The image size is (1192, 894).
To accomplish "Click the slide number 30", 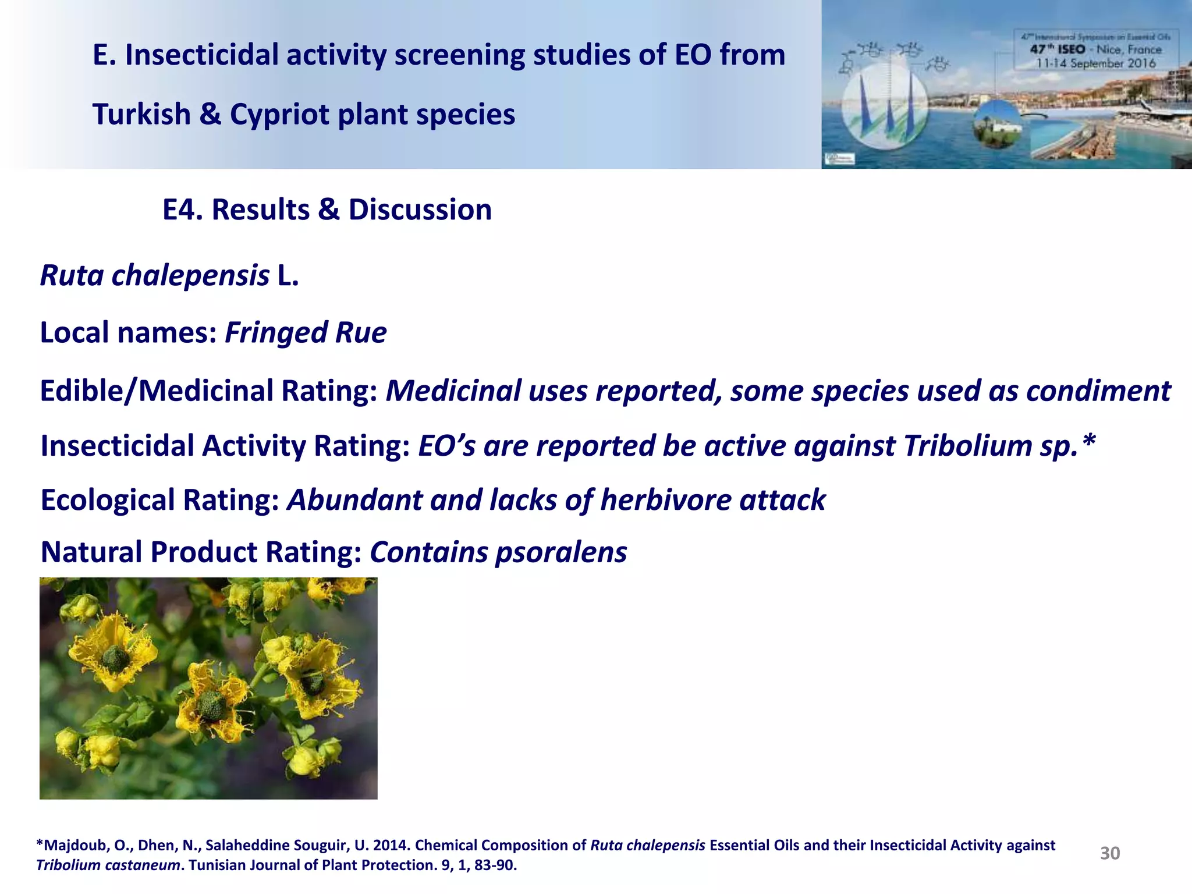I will click(x=1109, y=853).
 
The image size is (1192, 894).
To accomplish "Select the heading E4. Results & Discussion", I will click(x=327, y=210).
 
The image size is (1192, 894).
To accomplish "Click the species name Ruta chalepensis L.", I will click(x=169, y=275).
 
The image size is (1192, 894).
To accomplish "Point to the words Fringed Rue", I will click(x=306, y=333).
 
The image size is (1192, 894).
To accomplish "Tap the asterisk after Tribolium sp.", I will click(x=1089, y=444).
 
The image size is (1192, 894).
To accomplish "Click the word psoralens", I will click(x=560, y=552).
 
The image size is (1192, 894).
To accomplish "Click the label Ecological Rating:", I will click(x=159, y=500).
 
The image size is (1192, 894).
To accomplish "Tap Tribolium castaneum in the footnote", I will click(x=108, y=865).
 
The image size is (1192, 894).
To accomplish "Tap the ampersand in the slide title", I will click(x=210, y=114).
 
